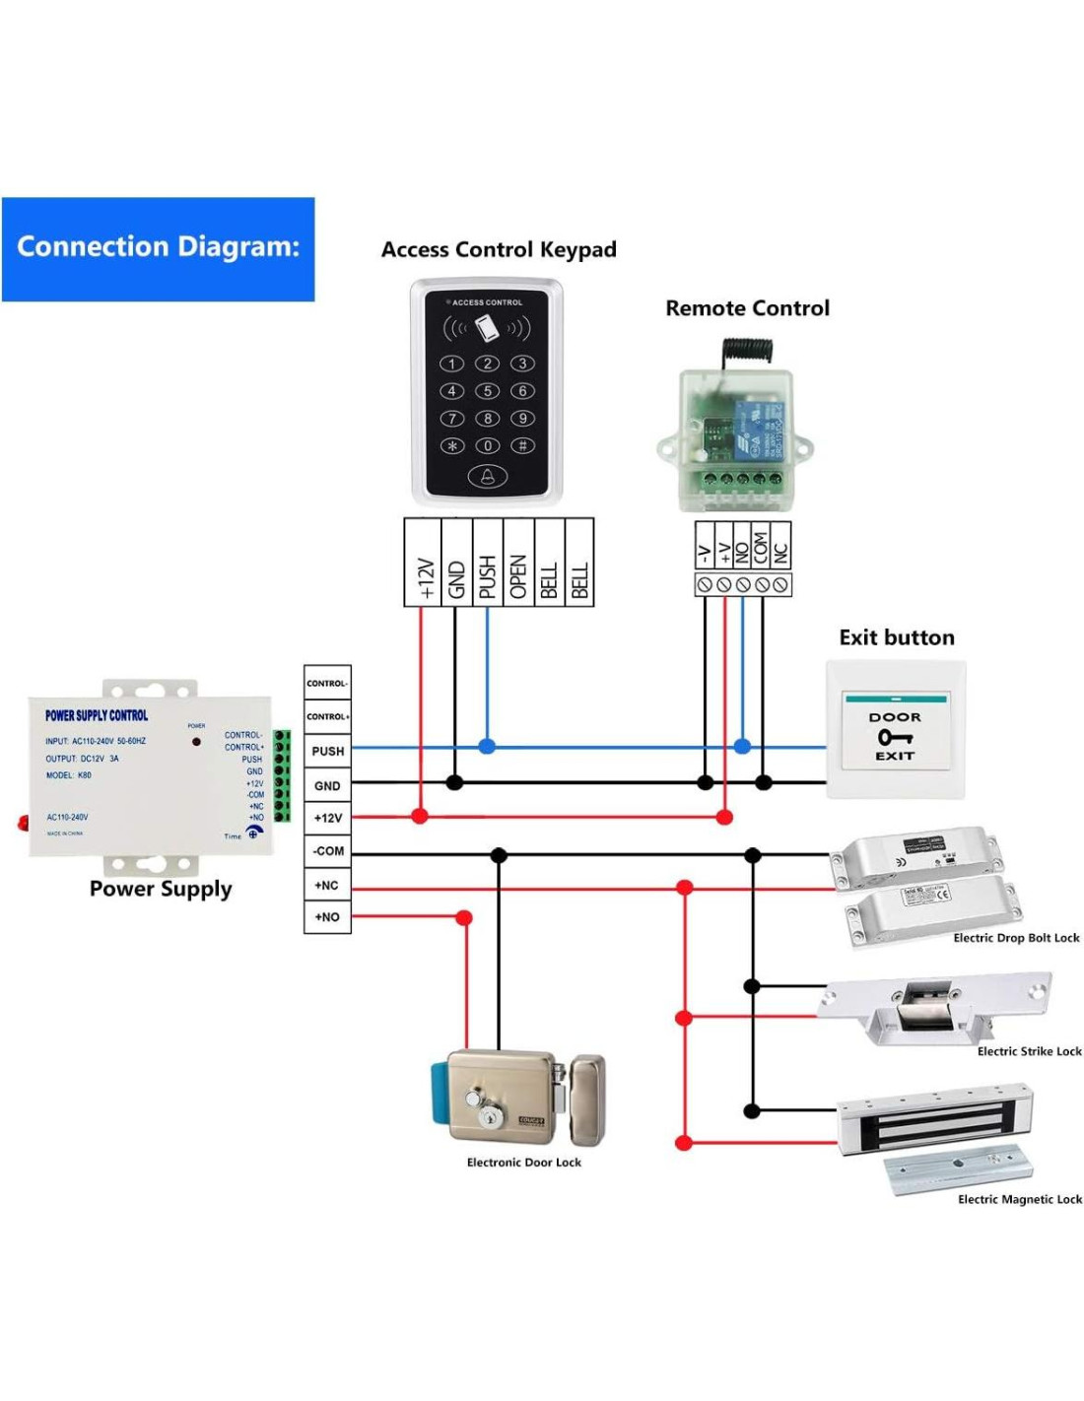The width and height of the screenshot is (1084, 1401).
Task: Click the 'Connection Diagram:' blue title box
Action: [158, 248]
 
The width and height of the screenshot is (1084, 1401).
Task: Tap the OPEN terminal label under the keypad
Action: [518, 575]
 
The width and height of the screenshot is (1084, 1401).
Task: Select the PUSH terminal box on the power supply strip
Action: [328, 751]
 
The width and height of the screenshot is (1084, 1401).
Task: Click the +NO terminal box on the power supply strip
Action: [327, 917]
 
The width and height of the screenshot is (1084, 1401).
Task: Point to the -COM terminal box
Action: [327, 851]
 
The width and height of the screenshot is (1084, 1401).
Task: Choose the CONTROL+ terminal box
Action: [327, 716]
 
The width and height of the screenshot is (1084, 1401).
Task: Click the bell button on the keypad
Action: [487, 478]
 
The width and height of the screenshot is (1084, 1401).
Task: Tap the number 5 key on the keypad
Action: [487, 391]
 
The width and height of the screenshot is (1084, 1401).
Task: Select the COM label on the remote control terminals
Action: [761, 546]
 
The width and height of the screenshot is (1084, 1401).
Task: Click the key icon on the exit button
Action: [895, 737]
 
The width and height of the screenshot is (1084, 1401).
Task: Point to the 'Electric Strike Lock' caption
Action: [1029, 1051]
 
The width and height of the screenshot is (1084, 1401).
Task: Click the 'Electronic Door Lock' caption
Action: [523, 1163]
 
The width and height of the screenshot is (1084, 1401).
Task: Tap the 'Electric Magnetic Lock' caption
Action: [1019, 1199]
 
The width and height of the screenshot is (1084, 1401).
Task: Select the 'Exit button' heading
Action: [897, 637]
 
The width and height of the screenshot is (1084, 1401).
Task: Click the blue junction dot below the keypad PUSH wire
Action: [487, 747]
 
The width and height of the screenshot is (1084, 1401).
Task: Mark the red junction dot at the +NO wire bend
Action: [464, 918]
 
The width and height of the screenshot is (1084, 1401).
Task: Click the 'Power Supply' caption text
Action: [161, 889]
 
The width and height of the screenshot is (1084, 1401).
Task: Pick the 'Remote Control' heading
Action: [747, 308]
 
